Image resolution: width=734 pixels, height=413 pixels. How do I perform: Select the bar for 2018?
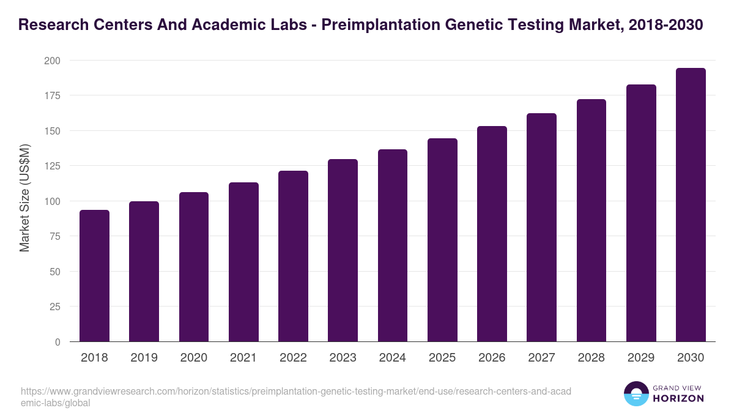click(x=94, y=276)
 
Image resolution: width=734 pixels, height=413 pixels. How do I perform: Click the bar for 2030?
click(x=691, y=205)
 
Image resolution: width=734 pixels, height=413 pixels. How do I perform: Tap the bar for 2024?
click(x=393, y=245)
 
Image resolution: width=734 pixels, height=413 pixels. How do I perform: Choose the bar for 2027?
click(x=541, y=228)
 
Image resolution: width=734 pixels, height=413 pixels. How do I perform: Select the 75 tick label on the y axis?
click(x=54, y=236)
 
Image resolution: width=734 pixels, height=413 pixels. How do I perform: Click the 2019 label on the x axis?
click(x=144, y=358)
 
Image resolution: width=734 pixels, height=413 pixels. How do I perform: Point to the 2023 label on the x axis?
click(x=343, y=358)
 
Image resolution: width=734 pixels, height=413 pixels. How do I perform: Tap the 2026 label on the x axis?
click(x=492, y=358)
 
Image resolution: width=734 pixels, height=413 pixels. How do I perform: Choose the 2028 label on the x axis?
click(x=591, y=358)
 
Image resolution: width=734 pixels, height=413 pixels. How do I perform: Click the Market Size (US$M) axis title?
click(x=24, y=198)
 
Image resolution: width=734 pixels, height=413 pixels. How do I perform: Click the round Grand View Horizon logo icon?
click(x=636, y=394)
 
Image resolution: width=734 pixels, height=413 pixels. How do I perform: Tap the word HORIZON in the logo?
click(x=679, y=398)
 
